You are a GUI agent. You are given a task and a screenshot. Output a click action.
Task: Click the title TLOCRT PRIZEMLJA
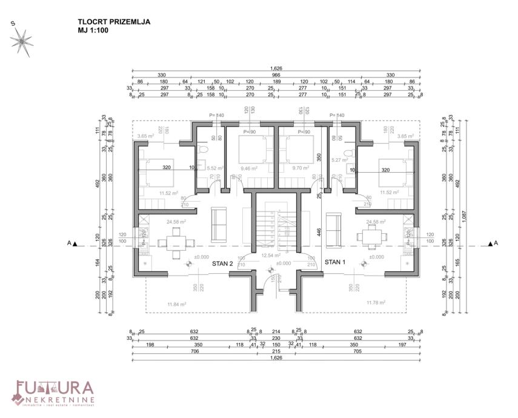tap(114, 22)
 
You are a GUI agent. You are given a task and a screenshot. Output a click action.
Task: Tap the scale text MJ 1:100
tap(93, 30)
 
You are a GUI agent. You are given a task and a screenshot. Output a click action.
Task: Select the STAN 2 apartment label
tap(223, 264)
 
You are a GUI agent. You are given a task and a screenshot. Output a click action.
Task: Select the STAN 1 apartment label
tap(336, 262)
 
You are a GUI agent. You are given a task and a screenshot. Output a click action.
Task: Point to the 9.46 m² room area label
tap(249, 168)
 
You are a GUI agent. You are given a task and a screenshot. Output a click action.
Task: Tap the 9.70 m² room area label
tap(301, 168)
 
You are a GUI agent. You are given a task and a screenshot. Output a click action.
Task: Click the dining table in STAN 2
tap(173, 243)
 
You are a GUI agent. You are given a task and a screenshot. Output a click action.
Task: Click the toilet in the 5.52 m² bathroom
tap(204, 149)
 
